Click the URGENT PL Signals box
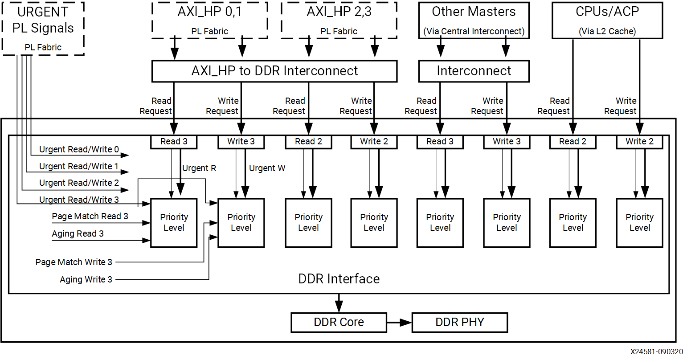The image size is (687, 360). (x=43, y=29)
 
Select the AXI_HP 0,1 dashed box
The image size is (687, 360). (x=209, y=20)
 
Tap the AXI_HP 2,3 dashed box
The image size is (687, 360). (x=339, y=20)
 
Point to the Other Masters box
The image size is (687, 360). (x=474, y=20)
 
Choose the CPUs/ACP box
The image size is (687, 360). (x=607, y=20)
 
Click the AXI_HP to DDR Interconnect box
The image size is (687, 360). (x=274, y=71)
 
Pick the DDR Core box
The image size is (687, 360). (x=339, y=322)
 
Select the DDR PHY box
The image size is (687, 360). (x=459, y=322)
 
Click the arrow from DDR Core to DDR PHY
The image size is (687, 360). (x=399, y=322)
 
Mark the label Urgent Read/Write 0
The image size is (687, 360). (x=79, y=149)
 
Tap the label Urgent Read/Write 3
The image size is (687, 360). (x=79, y=200)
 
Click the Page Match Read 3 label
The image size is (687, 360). (x=90, y=216)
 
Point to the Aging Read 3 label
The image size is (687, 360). (x=78, y=233)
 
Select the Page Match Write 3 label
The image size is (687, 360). (x=74, y=262)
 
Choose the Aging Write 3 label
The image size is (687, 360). (x=86, y=279)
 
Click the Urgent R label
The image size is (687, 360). (x=199, y=168)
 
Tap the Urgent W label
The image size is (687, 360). (x=267, y=168)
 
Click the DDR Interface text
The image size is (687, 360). (x=339, y=279)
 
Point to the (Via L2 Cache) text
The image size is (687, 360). (x=607, y=31)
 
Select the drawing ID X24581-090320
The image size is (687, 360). (x=656, y=352)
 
